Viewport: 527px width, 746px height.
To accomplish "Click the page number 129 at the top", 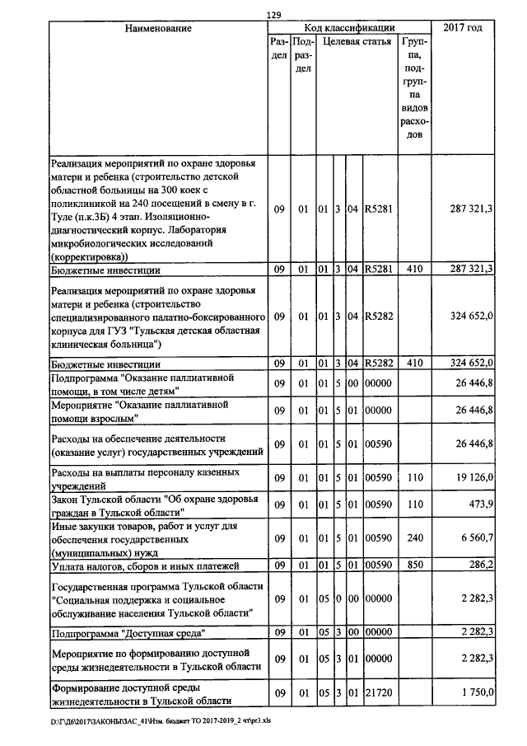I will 273,14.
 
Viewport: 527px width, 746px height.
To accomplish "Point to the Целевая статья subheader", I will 357,41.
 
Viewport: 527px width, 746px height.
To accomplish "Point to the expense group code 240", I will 415,537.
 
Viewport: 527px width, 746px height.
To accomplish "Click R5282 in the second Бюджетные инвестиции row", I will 379,364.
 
